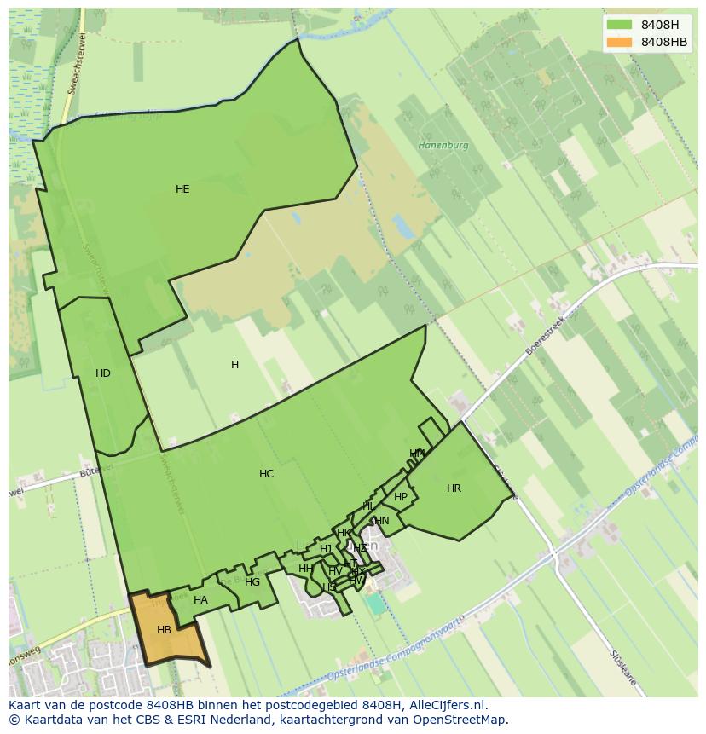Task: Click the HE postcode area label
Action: [x=182, y=189]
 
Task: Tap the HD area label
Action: [x=103, y=373]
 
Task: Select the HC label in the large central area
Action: [x=267, y=474]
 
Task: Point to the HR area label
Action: [x=454, y=488]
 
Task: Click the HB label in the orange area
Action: [x=165, y=630]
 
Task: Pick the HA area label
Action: [x=200, y=600]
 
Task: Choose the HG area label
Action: [x=252, y=582]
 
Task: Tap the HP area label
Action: [x=401, y=497]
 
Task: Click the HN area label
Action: [x=382, y=521]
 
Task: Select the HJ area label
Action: [x=326, y=549]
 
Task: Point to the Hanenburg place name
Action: [x=443, y=146]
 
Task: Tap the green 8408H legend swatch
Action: [x=620, y=25]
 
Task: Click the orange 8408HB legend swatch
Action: [x=620, y=42]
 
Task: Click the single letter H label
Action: [x=234, y=365]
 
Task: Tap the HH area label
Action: [x=305, y=569]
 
